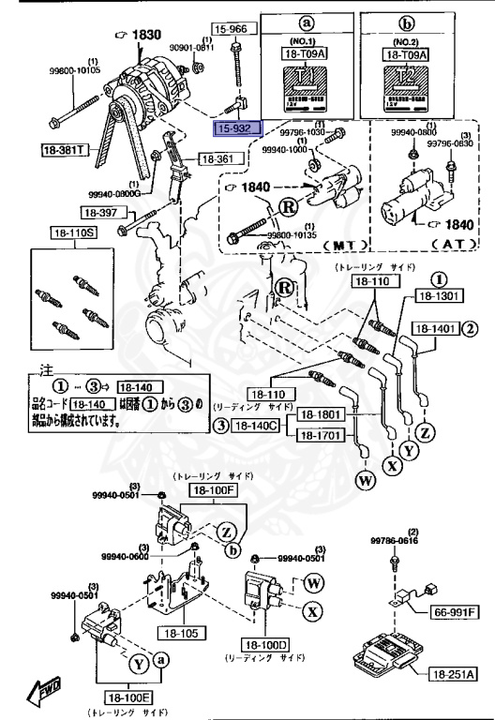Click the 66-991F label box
coord(456,611)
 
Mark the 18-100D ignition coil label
coord(268,645)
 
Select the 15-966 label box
coord(230,30)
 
